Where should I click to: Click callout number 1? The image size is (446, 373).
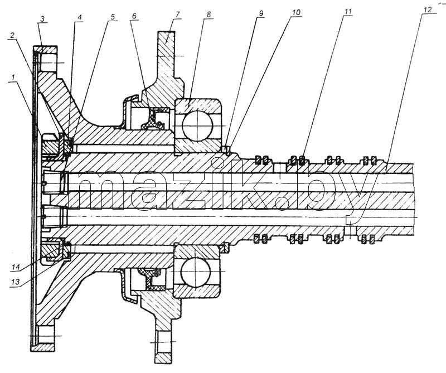pos(13,77)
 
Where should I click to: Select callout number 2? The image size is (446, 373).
pos(12,36)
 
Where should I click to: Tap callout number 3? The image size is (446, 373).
pos(42,20)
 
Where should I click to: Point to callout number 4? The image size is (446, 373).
pos(80,17)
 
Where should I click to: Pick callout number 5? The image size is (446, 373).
pos(113,17)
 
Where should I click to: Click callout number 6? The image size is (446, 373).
pos(134,16)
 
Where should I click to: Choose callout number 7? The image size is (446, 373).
pos(177,14)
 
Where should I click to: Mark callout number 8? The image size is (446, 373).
pos(209,14)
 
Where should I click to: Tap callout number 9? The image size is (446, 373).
pos(261,13)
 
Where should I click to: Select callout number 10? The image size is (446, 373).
pos(295,13)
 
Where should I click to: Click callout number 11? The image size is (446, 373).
pos(347,12)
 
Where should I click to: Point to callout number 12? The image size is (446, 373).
pos(427,10)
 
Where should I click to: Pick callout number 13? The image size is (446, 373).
pos(16,282)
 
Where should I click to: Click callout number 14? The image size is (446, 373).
pos(16,267)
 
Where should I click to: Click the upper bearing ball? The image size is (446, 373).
pos(197,125)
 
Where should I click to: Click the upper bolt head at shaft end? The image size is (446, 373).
pos(53,183)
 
